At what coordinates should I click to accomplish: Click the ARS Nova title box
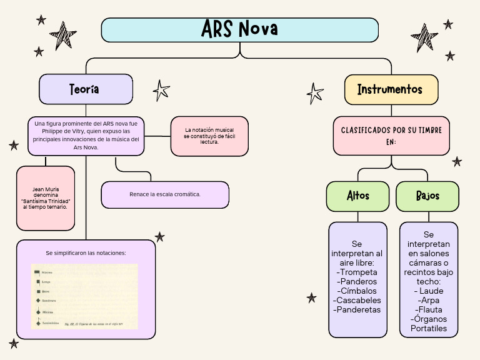pyautogui.click(x=240, y=29)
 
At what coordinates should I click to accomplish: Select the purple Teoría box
pyautogui.click(x=86, y=89)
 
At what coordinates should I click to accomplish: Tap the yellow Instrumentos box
pyautogui.click(x=391, y=89)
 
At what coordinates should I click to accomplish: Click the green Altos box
pyautogui.click(x=358, y=196)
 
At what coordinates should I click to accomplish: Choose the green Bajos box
pyautogui.click(x=427, y=196)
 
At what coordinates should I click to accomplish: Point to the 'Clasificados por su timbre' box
pyautogui.click(x=391, y=136)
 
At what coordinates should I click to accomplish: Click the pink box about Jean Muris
pyautogui.click(x=46, y=197)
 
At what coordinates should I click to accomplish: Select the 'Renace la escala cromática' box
pyautogui.click(x=165, y=194)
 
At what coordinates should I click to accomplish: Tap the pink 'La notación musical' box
pyautogui.click(x=209, y=136)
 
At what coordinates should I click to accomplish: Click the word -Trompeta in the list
pyautogui.click(x=357, y=272)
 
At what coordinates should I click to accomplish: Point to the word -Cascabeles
pyautogui.click(x=358, y=300)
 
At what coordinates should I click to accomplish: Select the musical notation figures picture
pyautogui.click(x=84, y=296)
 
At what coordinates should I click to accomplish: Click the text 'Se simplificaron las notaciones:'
pyautogui.click(x=86, y=253)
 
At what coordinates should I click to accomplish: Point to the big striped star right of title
pyautogui.click(x=424, y=38)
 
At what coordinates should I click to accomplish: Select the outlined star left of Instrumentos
pyautogui.click(x=315, y=94)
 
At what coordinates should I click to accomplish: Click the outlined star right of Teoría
pyautogui.click(x=161, y=90)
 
